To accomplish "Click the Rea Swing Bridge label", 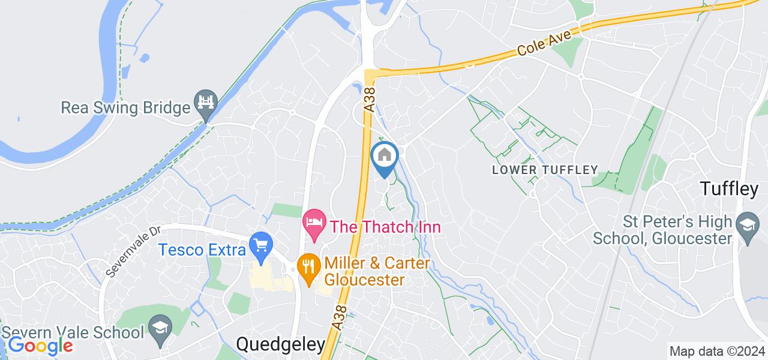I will coord(125,108).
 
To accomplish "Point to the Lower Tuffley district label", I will coord(545,170).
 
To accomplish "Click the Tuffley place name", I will coord(728,189).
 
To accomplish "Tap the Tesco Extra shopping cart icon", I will coord(261,244).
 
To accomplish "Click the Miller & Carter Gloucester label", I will coord(377,271).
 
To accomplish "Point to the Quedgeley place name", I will coord(281,344).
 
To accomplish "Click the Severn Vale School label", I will coord(73,332).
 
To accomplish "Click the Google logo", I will coord(40,346).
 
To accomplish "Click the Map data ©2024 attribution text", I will coord(717,351).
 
